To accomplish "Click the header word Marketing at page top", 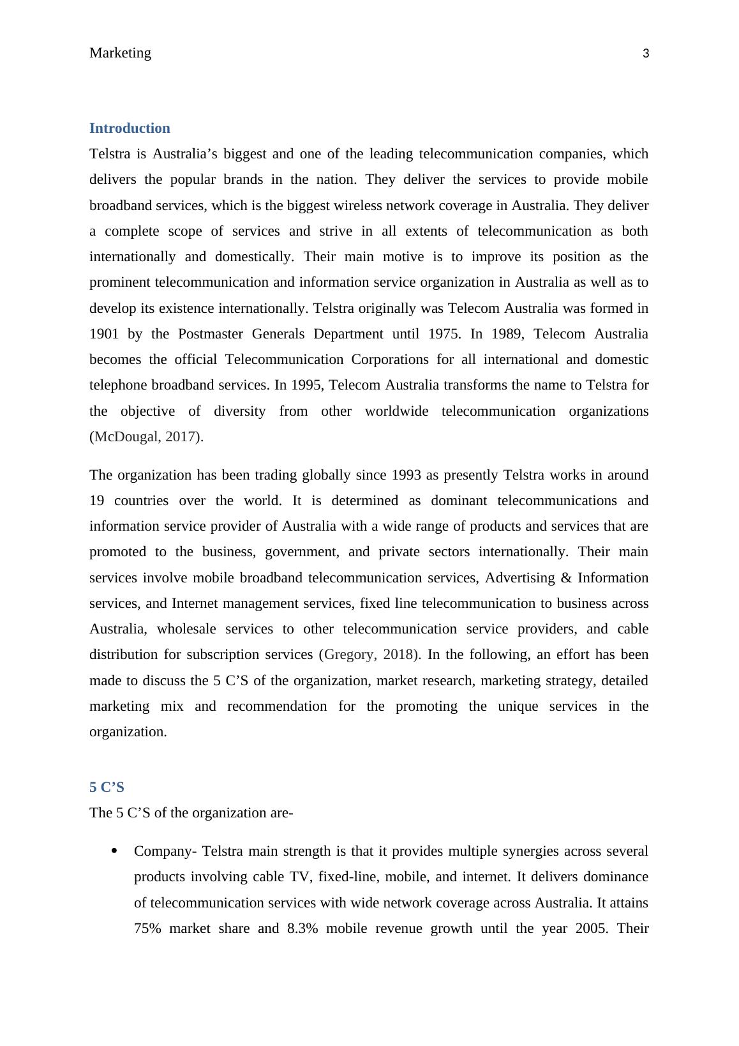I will point(120,53).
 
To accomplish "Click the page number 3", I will point(645,54).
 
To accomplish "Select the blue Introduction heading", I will point(130,128).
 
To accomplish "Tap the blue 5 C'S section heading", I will point(107,787).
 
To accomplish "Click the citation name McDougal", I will point(124,437).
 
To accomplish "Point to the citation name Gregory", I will point(350,655).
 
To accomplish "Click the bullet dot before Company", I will point(115,851).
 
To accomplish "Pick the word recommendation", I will point(281,706).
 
